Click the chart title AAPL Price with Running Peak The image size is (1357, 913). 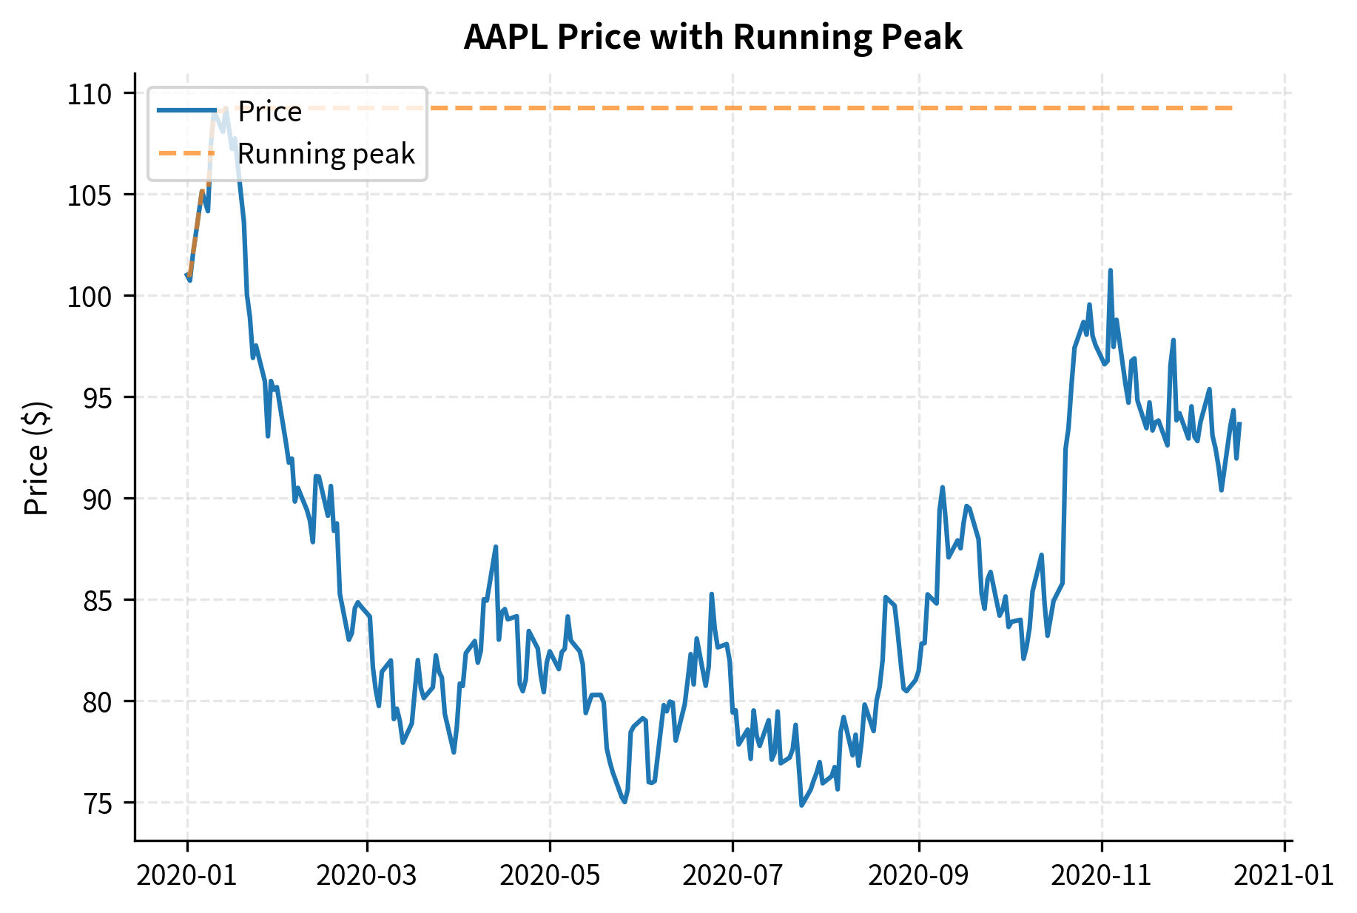(713, 37)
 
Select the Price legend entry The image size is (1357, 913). (269, 112)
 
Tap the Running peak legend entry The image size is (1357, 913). (326, 154)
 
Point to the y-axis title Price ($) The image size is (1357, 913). (36, 458)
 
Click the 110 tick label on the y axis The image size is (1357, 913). (89, 94)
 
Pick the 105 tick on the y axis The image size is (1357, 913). (89, 195)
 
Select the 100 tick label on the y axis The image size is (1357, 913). (89, 297)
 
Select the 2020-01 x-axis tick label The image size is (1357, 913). (186, 875)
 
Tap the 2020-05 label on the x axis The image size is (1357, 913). (549, 875)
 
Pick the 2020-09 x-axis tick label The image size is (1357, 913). (917, 875)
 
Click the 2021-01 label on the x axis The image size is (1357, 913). (1284, 875)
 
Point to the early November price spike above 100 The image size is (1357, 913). (1110, 271)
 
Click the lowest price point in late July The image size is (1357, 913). (801, 805)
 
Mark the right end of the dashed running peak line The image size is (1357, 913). (1233, 108)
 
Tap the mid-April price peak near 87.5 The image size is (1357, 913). (496, 547)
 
